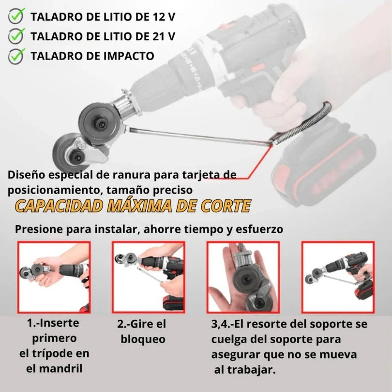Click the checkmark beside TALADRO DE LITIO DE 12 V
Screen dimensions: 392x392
pyautogui.click(x=16, y=16)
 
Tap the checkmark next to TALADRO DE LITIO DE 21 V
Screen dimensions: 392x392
pyautogui.click(x=16, y=36)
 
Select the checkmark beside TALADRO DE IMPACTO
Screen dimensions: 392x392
pyautogui.click(x=16, y=55)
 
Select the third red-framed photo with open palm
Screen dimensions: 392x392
pyautogui.click(x=243, y=277)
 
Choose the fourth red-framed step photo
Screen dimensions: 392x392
pyautogui.click(x=337, y=277)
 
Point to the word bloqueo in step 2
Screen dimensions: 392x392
pyautogui.click(x=143, y=339)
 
